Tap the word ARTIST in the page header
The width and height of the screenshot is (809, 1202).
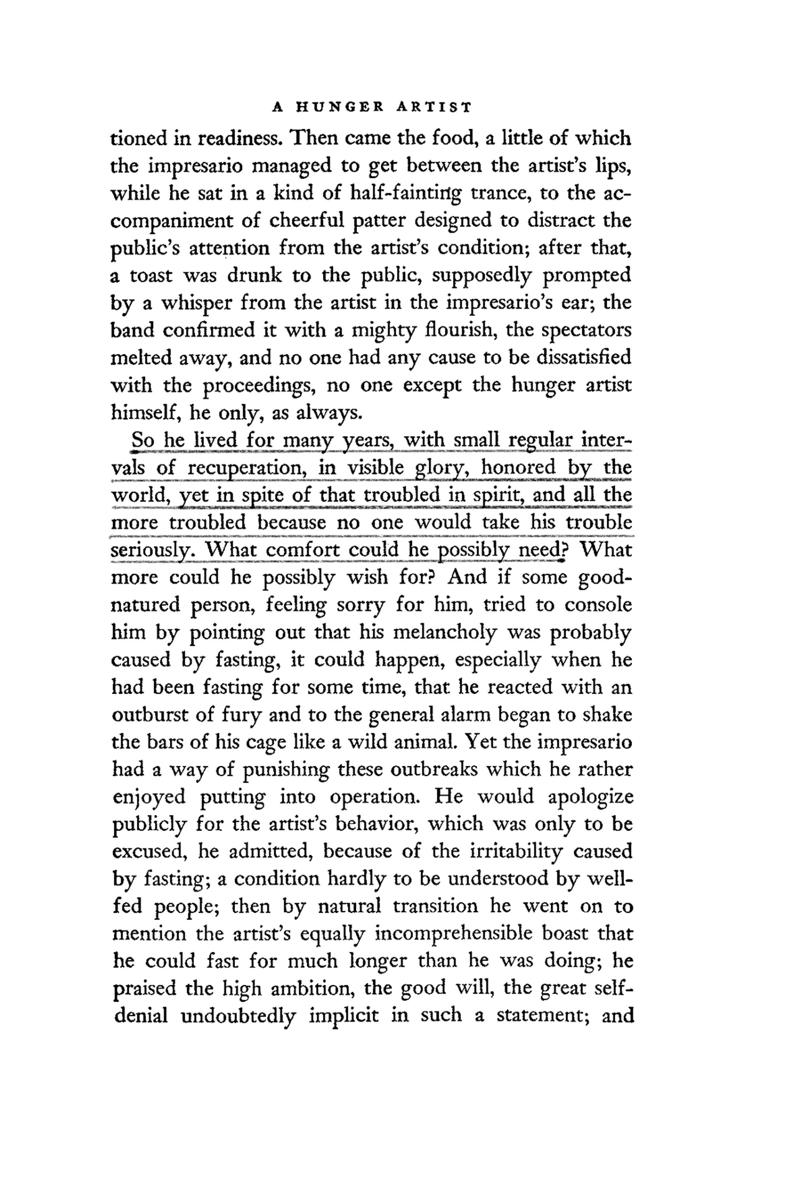(x=433, y=108)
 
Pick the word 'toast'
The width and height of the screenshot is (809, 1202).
(x=150, y=276)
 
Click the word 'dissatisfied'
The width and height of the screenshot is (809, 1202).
(x=583, y=358)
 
